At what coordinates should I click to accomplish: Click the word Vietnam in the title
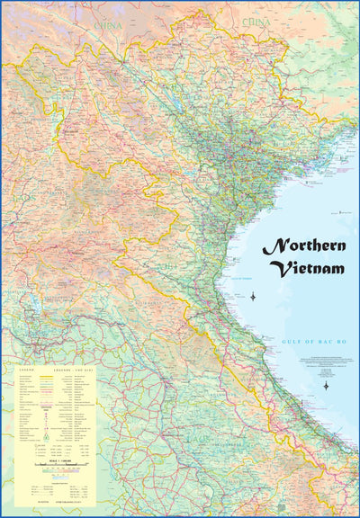(305, 268)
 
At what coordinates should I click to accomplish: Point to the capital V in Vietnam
(278, 268)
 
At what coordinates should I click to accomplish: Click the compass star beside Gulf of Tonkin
(253, 296)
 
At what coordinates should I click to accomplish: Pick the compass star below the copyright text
(326, 385)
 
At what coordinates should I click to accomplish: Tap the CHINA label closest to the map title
(258, 19)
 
